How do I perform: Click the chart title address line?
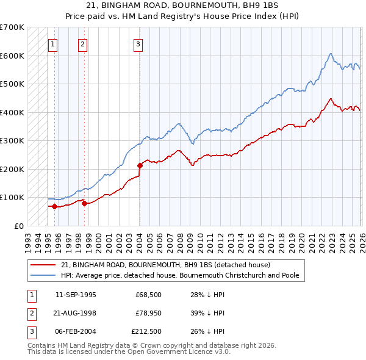182,5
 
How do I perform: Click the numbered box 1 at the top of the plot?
52,43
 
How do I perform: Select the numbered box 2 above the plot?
82,43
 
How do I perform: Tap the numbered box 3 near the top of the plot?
138,43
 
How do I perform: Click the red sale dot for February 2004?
140,165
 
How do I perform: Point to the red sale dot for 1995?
55,206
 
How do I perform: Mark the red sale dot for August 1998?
84,203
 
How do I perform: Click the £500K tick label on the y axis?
12,84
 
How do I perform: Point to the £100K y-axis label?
12,197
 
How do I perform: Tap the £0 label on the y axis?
18,226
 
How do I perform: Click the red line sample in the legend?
44,265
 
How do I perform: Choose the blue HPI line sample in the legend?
44,275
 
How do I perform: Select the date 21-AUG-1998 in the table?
75,313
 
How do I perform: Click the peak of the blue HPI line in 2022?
330,54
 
